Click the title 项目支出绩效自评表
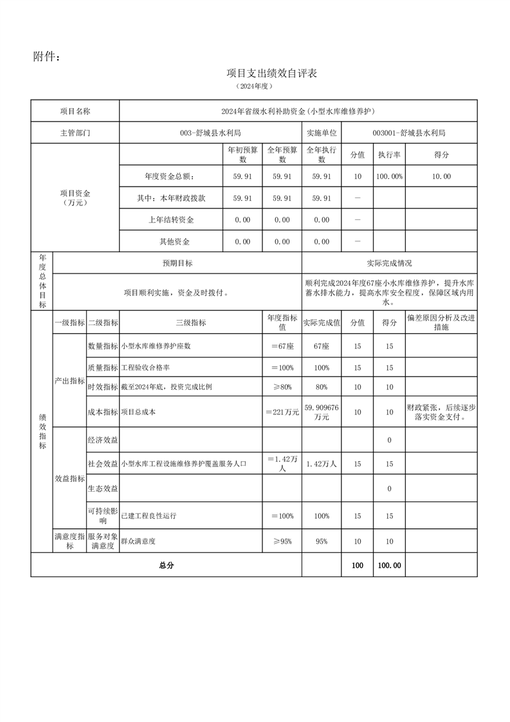tap(271, 73)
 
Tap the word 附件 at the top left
tap(46, 57)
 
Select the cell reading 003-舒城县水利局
tap(210, 133)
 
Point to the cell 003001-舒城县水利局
tap(409, 133)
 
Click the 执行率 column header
tap(389, 155)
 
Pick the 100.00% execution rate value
tap(389, 176)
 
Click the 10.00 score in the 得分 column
tap(441, 176)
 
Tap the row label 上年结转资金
tap(170, 220)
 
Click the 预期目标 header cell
tap(178, 263)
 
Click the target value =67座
tap(282, 346)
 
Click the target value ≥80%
tap(282, 387)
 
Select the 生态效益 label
tap(103, 489)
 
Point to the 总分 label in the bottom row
tap(166, 566)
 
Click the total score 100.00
tap(389, 566)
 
